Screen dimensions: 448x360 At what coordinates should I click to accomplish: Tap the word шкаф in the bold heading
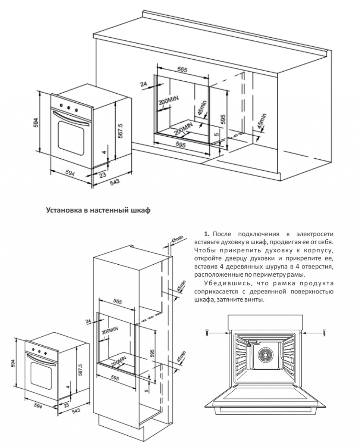click(x=141, y=211)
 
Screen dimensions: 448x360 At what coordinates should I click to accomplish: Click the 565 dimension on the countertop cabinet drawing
click(x=182, y=70)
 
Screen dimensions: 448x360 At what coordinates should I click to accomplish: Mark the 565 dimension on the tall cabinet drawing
click(x=118, y=301)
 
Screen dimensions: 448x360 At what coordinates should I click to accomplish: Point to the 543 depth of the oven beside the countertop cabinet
click(x=115, y=182)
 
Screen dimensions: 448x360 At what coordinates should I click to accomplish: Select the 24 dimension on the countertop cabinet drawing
click(x=144, y=84)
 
